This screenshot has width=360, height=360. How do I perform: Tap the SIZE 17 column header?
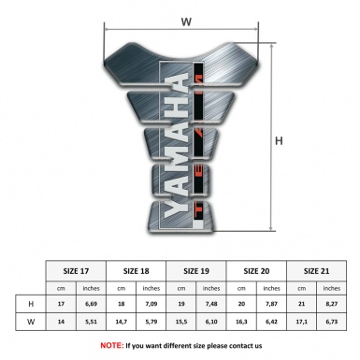click(x=79, y=270)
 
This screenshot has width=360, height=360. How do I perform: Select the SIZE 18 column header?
click(x=138, y=270)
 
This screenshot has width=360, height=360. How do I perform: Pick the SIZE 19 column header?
click(x=198, y=270)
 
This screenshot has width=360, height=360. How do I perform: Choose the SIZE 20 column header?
click(x=258, y=270)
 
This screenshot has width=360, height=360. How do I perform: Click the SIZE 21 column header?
click(x=318, y=270)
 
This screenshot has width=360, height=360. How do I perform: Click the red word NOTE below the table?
click(x=111, y=345)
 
